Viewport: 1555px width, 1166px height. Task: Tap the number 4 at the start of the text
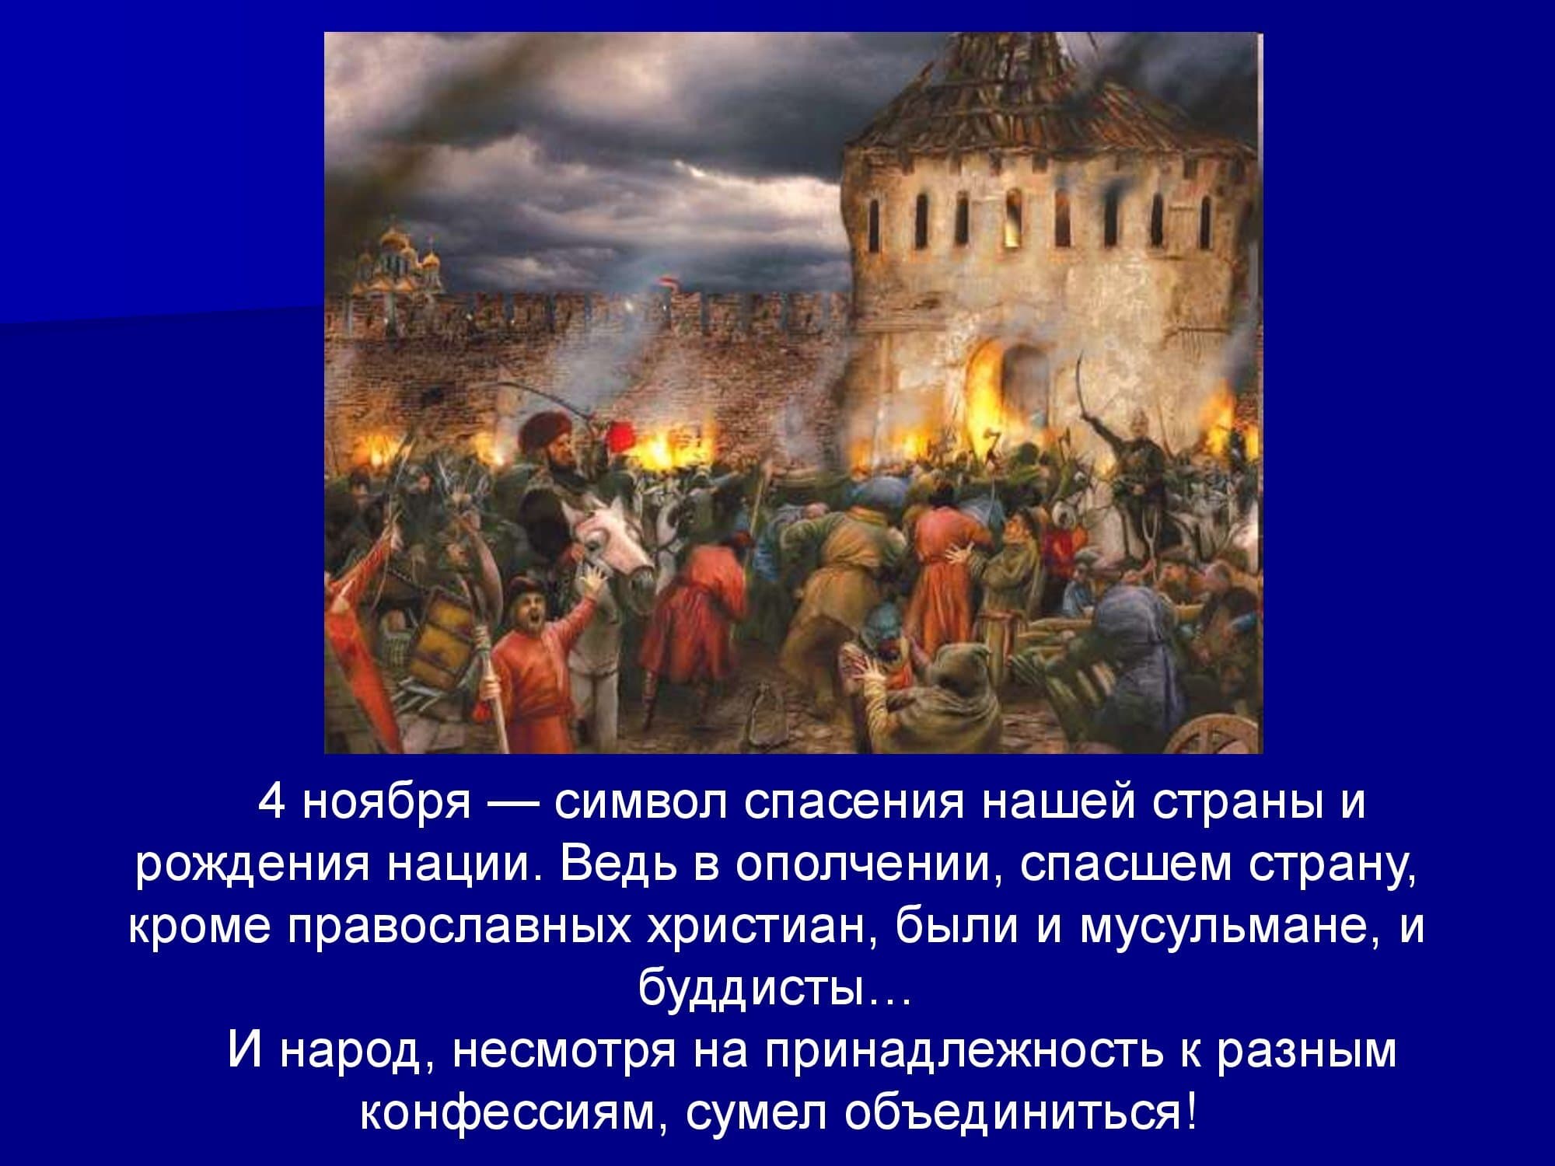point(271,802)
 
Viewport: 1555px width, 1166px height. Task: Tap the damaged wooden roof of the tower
point(1034,93)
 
